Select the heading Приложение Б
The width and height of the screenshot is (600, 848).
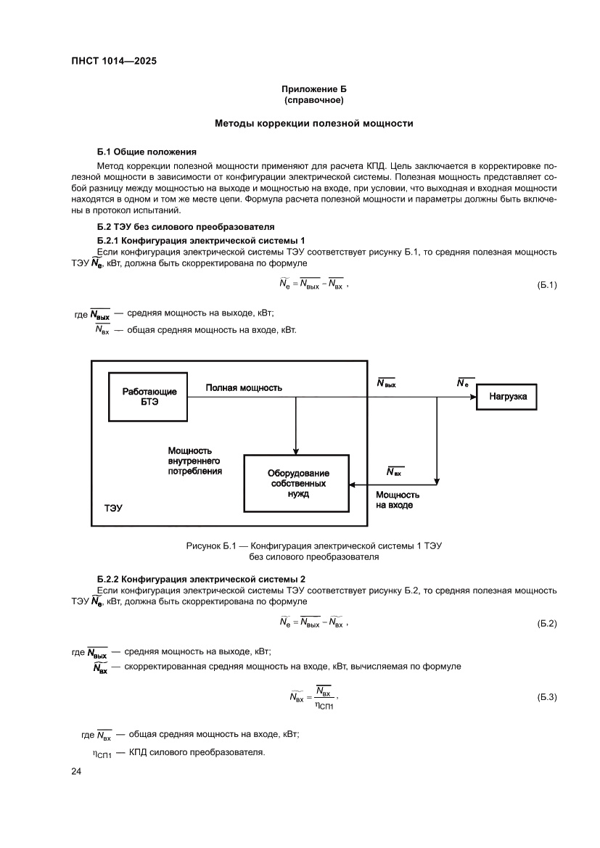pyautogui.click(x=313, y=89)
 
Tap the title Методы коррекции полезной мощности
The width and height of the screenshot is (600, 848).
pyautogui.click(x=313, y=123)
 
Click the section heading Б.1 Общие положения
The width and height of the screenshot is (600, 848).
pyautogui.click(x=147, y=152)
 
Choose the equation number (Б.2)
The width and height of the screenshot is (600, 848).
pyautogui.click(x=546, y=624)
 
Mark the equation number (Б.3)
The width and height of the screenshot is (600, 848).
pyautogui.click(x=546, y=697)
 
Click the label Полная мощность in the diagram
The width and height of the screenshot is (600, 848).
pyautogui.click(x=244, y=388)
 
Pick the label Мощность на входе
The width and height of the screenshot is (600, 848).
pyautogui.click(x=394, y=500)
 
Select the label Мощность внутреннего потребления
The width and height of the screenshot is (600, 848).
pyautogui.click(x=194, y=461)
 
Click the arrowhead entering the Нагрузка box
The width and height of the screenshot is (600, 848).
pyautogui.click(x=472, y=397)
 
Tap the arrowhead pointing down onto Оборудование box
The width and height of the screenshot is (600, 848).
pyautogui.click(x=296, y=451)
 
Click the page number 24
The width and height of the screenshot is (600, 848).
pyautogui.click(x=76, y=772)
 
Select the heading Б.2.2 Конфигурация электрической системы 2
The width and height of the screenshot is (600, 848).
pyautogui.click(x=201, y=579)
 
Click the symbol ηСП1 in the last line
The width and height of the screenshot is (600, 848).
pyautogui.click(x=101, y=752)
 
